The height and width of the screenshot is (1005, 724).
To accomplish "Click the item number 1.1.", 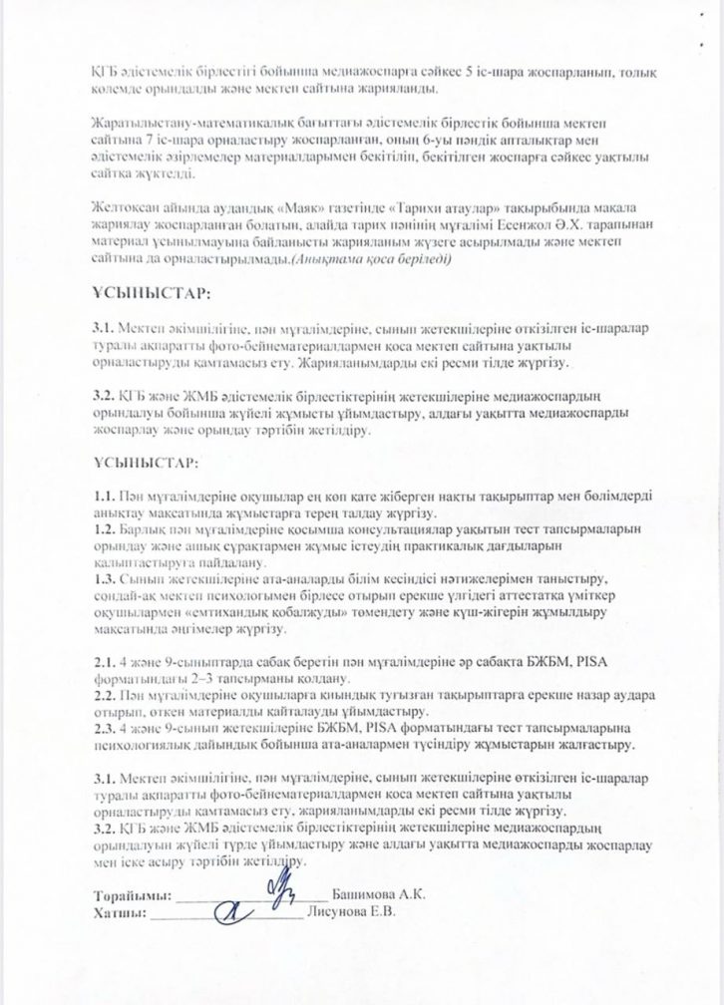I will [102, 497].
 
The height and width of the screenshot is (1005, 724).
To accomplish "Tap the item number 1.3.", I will [102, 579].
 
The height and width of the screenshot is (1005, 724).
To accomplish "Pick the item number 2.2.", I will [102, 695].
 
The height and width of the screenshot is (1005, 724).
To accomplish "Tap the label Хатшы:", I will [120, 913].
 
